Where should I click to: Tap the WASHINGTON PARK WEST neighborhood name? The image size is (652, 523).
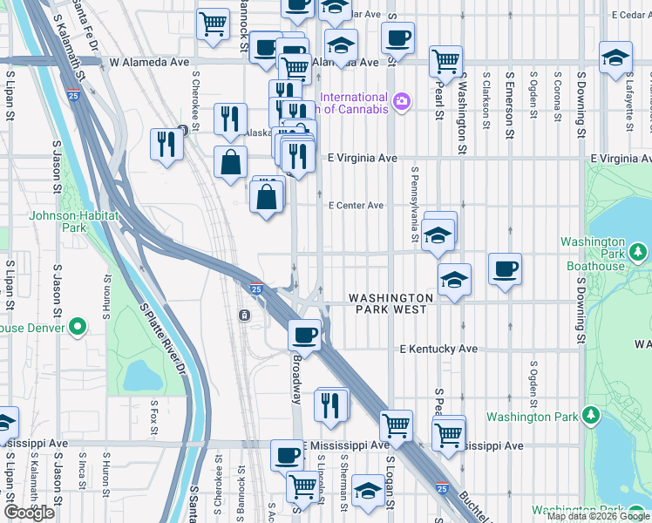coord(388,303)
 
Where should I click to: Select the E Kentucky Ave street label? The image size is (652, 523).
coord(438,349)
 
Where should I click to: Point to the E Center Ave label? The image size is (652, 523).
coord(356,206)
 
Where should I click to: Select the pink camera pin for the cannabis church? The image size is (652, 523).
coord(401,102)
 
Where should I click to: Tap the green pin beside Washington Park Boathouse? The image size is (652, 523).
coord(641,253)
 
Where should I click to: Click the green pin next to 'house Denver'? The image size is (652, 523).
coord(78,328)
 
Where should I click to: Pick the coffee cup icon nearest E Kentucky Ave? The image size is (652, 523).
coord(305,334)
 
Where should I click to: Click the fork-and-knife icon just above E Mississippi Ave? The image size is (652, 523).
coord(332,405)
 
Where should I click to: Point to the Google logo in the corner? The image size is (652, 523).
coord(29,513)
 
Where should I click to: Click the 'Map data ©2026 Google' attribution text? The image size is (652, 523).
coord(598,516)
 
